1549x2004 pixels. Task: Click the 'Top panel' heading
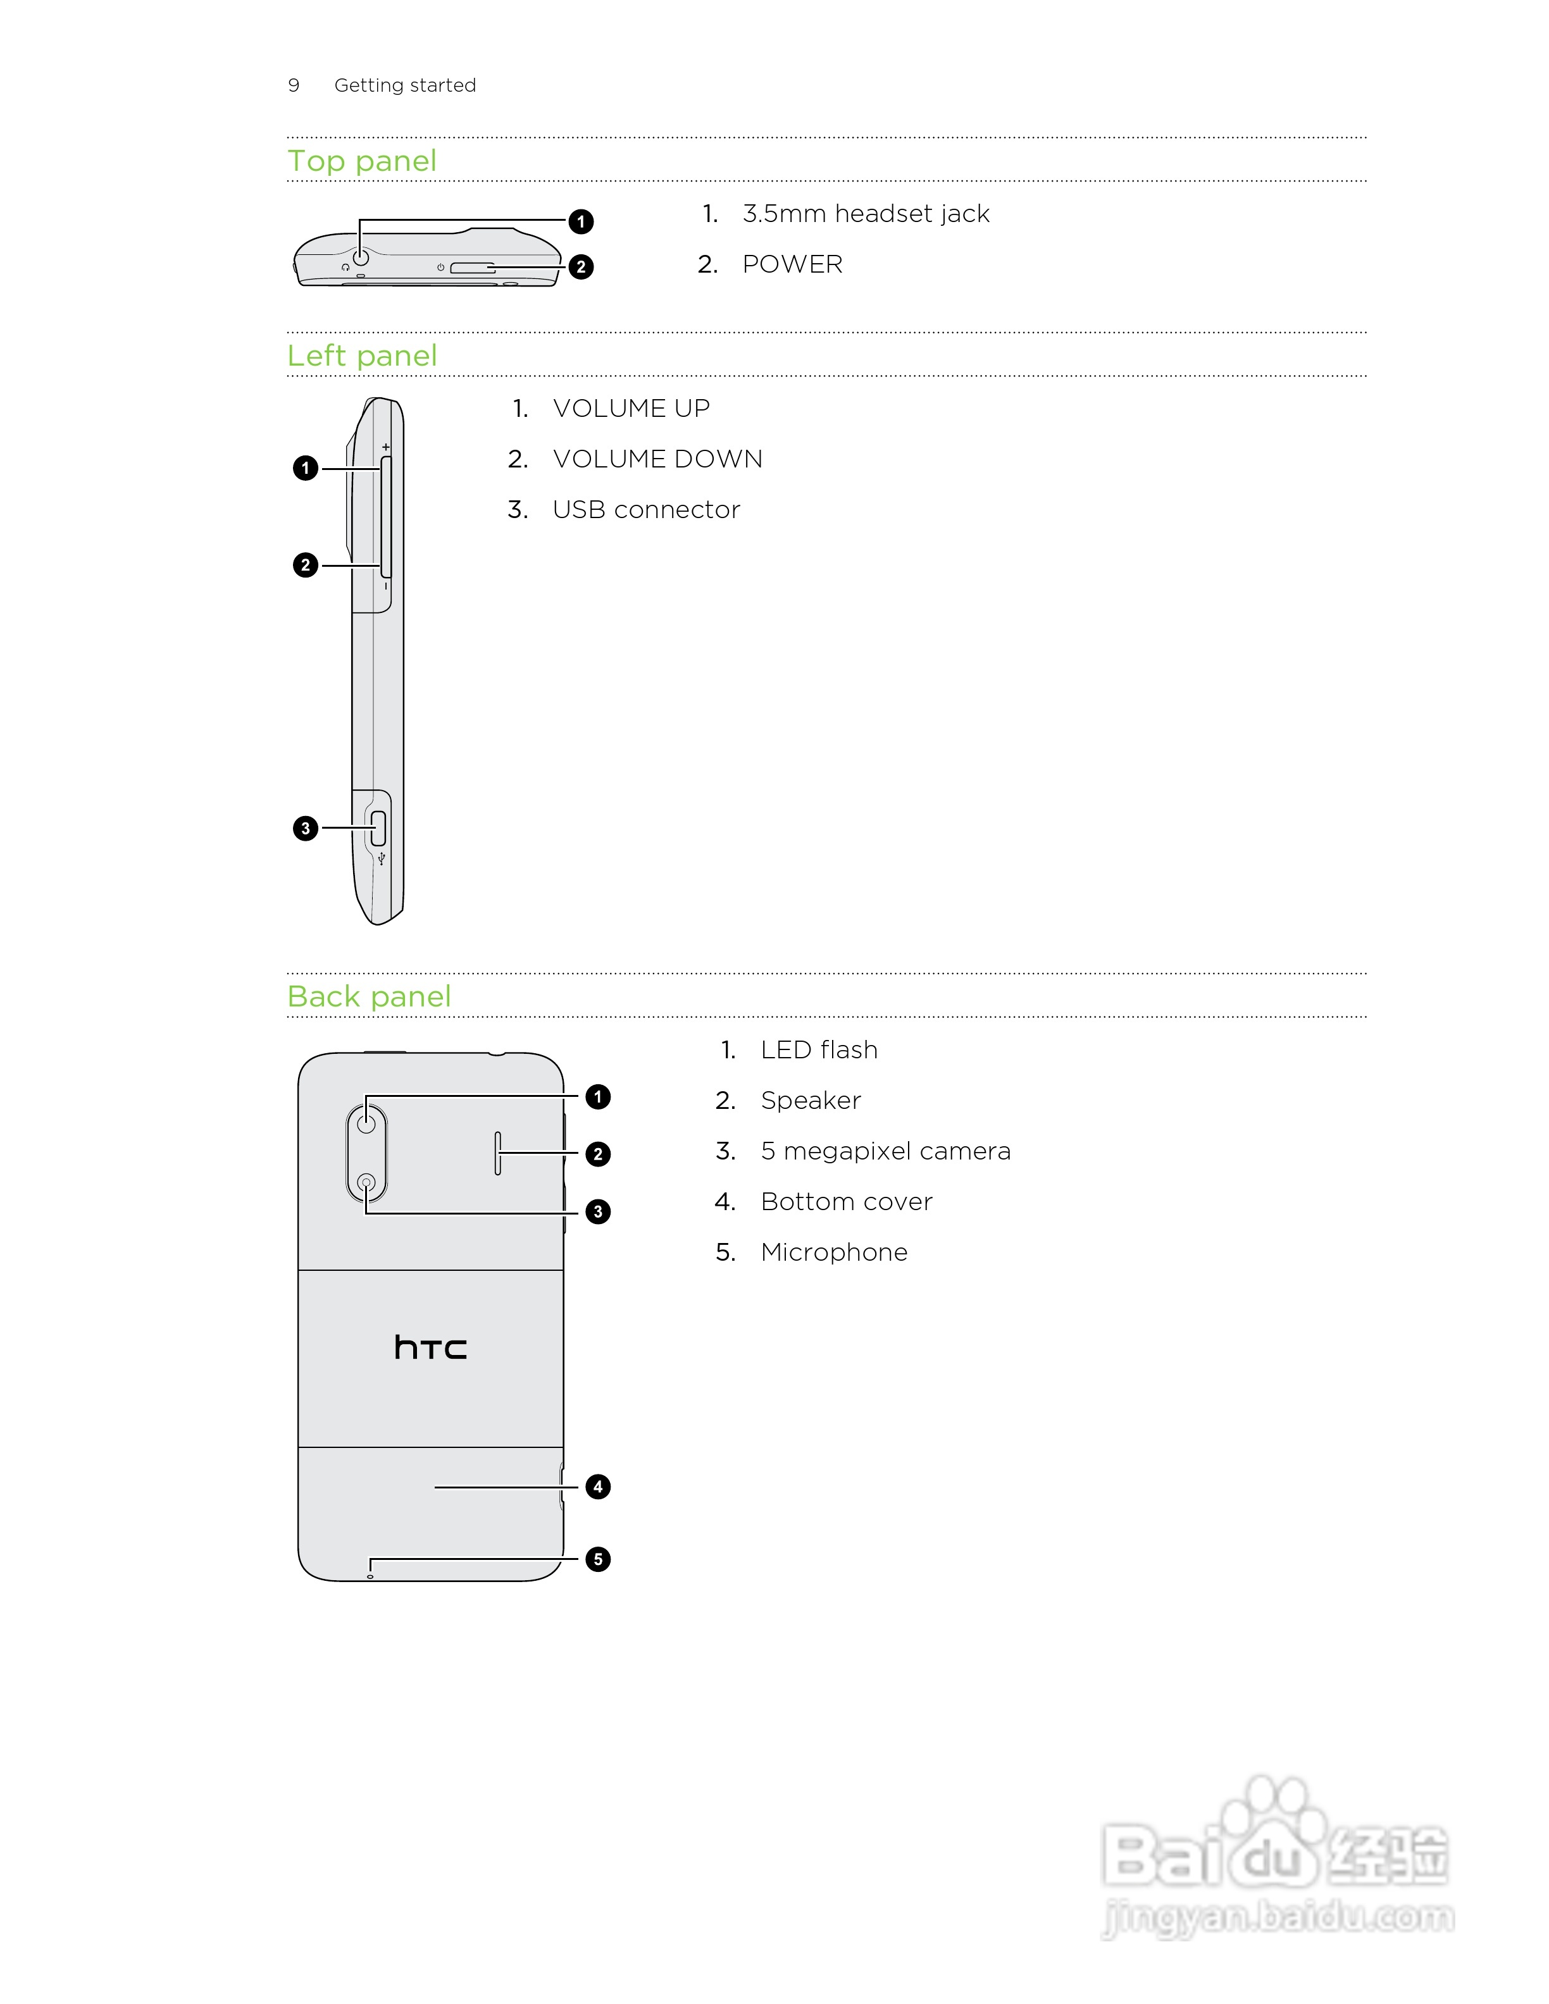coord(361,161)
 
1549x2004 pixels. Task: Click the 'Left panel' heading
coord(361,356)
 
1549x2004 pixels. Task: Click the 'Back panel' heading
coord(369,996)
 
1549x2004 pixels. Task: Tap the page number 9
coord(294,85)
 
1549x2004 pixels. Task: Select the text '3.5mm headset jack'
coord(866,214)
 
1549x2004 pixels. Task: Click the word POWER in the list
coord(792,264)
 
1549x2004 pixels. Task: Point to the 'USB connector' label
coord(646,510)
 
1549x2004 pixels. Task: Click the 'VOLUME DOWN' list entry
coord(657,459)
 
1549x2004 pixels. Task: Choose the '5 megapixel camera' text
coord(885,1151)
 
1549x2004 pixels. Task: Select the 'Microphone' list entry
coord(833,1252)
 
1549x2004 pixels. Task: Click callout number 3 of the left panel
coord(306,829)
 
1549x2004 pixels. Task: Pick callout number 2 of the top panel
coord(581,267)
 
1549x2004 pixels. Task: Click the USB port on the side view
coord(378,829)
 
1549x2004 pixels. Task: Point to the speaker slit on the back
coord(497,1153)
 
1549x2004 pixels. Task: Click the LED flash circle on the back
coord(366,1123)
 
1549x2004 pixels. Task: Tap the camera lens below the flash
coord(366,1183)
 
